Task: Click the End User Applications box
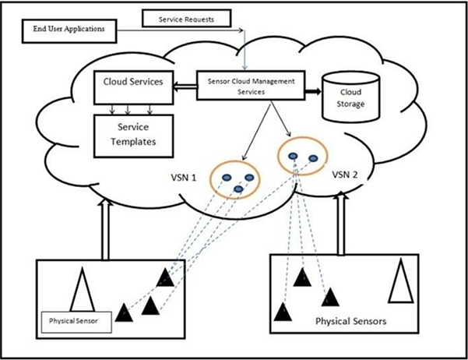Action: point(69,31)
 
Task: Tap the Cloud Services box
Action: point(132,81)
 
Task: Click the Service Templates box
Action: point(132,133)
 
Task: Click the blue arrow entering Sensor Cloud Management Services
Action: point(245,48)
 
